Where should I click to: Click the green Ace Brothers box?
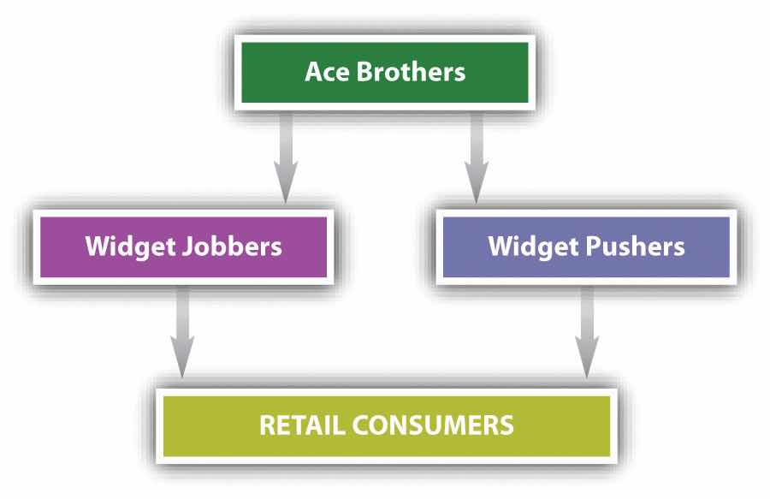click(x=385, y=71)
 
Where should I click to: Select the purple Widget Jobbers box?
click(x=182, y=247)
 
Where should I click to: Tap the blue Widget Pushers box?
click(x=586, y=247)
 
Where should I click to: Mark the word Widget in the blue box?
click(x=530, y=247)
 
